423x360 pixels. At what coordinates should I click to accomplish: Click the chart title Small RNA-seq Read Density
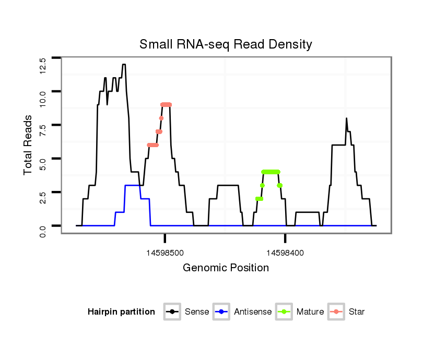click(226, 44)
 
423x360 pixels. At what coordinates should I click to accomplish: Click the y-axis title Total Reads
click(29, 145)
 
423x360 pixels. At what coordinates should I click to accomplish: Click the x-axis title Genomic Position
click(226, 268)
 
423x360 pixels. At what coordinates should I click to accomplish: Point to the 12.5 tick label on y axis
click(43, 65)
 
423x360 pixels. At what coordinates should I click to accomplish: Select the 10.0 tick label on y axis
click(43, 99)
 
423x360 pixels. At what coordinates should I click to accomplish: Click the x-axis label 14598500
click(165, 253)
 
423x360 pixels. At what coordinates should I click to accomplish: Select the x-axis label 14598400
click(285, 253)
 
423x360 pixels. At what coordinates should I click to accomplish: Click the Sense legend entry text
click(197, 312)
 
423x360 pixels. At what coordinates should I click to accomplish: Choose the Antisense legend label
click(253, 312)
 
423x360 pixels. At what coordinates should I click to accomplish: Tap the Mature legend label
click(310, 312)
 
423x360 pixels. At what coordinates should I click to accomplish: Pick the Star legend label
click(357, 312)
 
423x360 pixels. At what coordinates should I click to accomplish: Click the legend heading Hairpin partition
click(121, 312)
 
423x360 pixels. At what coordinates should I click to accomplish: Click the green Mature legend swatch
click(286, 312)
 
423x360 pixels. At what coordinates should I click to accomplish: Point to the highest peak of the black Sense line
click(124, 65)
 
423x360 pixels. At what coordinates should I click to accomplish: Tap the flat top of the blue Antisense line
click(132, 185)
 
